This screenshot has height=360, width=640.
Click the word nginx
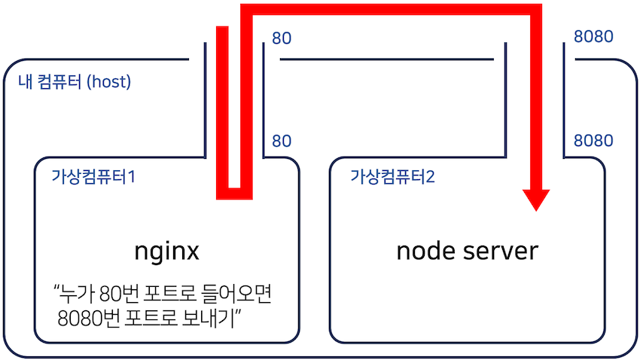166,250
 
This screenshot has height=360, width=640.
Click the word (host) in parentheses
108,81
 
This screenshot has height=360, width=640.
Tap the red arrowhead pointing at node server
537,200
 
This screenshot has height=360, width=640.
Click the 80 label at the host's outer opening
282,38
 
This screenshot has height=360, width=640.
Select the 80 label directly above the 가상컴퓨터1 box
282,141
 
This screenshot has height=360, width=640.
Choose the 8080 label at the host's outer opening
593,38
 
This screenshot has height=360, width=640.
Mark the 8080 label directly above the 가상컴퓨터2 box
593,141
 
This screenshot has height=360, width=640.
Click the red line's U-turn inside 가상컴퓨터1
233,193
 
